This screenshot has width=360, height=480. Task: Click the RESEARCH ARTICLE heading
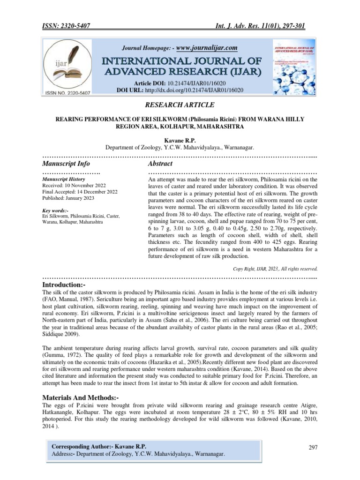pyautogui.click(x=180, y=105)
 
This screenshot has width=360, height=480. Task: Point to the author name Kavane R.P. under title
pyautogui.click(x=180, y=140)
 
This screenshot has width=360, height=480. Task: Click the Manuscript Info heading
pyautogui.click(x=66, y=164)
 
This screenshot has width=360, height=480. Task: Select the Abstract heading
pyautogui.click(x=160, y=164)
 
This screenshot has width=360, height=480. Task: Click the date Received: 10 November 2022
pyautogui.click(x=73, y=186)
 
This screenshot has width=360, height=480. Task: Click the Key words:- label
pyautogui.click(x=55, y=211)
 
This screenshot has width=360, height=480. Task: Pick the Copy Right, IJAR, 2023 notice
pyautogui.click(x=275, y=269)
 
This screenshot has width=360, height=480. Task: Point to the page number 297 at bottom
pyautogui.click(x=313, y=447)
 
